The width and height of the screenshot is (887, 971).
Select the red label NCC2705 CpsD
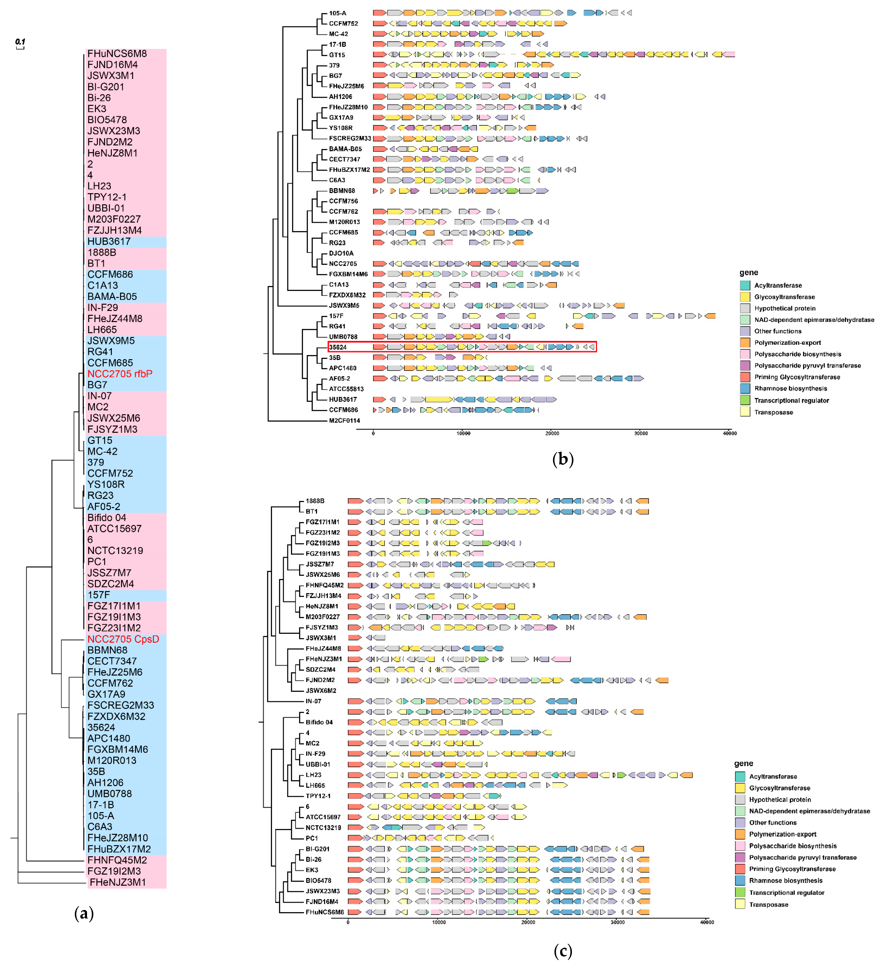click(123, 639)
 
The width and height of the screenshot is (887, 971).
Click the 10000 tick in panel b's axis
click(463, 433)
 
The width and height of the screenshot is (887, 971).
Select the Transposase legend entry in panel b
click(773, 412)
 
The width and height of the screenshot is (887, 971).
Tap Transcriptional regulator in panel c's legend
click(786, 893)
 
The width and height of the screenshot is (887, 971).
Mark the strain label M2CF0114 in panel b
click(344, 420)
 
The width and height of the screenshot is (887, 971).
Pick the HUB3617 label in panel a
click(109, 241)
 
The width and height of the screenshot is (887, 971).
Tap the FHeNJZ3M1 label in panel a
click(117, 882)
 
